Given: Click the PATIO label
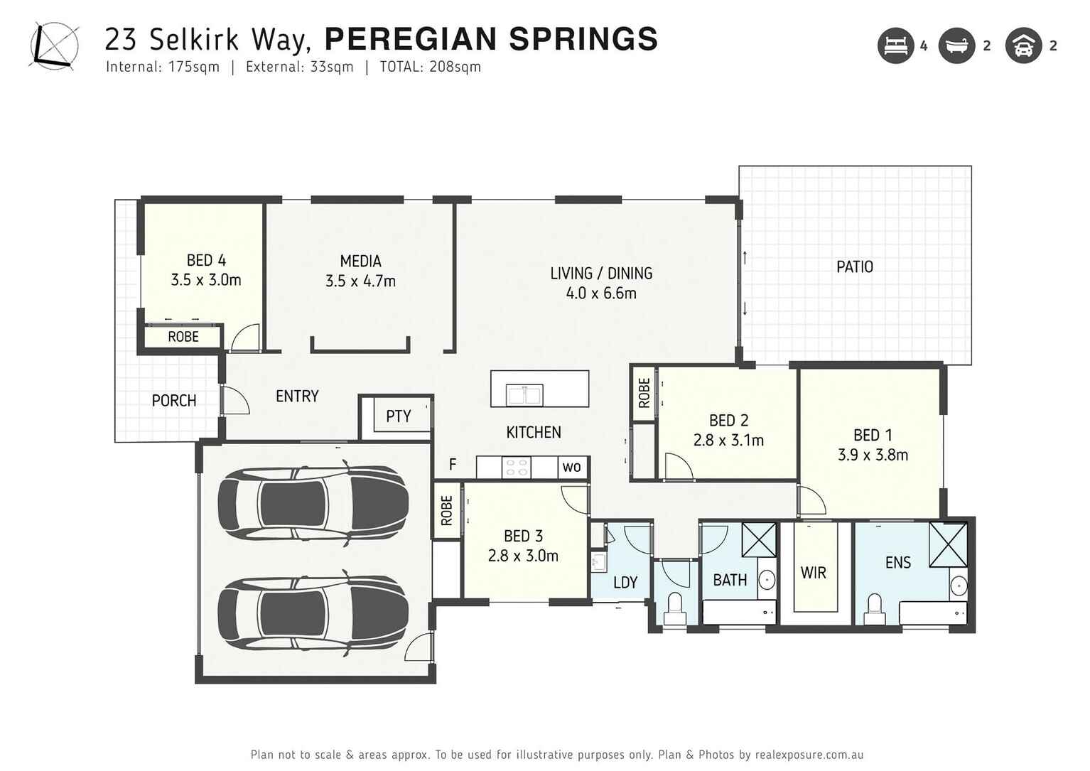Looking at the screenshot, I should [x=854, y=267].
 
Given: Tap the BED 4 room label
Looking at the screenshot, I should [x=206, y=261].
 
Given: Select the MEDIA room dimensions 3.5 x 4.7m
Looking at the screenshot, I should [x=360, y=281].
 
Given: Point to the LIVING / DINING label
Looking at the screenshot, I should [x=601, y=274].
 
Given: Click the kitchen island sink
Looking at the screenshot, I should [x=524, y=394].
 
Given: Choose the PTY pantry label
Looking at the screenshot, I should [x=398, y=416].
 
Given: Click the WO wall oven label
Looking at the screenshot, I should [x=571, y=467].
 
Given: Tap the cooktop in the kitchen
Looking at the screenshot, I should [x=516, y=467].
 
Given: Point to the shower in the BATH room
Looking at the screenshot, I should [x=759, y=539].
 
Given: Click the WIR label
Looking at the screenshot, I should [x=814, y=573].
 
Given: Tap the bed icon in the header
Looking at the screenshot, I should [x=895, y=46].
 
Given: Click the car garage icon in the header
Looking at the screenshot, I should [x=1023, y=46].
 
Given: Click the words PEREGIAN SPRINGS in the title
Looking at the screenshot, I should [x=491, y=39].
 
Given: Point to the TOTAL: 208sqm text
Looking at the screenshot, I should [x=430, y=68].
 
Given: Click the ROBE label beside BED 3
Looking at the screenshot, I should [x=446, y=510].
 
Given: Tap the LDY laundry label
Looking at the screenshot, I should [x=625, y=583].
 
